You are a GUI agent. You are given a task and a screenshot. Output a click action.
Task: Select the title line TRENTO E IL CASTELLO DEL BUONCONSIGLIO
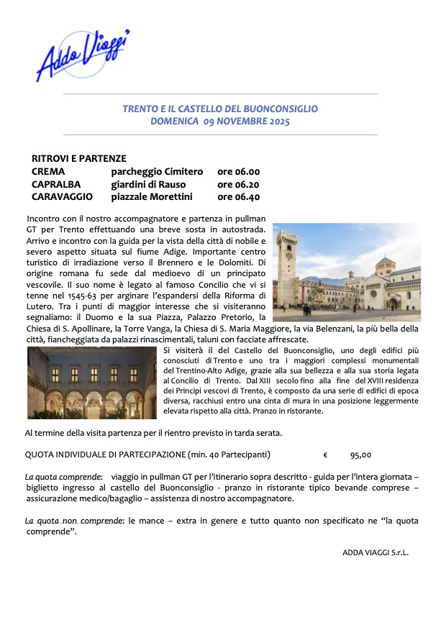220,109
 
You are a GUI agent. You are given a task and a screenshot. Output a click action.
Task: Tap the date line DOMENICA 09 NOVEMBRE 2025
220,122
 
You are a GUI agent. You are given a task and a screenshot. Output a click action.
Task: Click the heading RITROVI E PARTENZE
79,158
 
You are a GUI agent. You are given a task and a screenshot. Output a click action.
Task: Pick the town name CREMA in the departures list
48,172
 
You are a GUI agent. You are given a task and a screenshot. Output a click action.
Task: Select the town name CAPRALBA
55,184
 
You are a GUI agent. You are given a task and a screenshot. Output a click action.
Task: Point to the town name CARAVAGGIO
62,196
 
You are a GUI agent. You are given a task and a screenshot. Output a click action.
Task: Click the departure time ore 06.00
238,172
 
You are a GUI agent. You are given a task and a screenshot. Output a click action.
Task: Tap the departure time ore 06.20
238,184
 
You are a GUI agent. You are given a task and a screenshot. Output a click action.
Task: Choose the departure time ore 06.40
238,196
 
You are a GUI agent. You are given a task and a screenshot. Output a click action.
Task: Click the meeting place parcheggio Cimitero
157,172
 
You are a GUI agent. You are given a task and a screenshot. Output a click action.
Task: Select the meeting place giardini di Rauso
147,184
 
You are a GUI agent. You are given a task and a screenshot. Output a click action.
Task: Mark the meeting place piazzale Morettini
152,196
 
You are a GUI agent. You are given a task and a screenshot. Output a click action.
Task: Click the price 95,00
360,455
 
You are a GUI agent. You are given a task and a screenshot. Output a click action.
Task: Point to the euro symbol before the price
325,455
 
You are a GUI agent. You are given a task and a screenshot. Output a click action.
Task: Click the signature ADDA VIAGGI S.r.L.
376,552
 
